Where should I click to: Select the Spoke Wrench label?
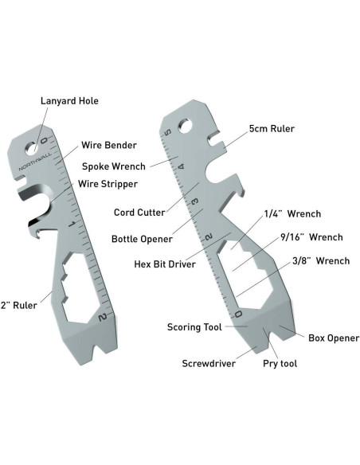[x=114, y=166]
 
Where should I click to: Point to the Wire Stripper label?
[x=108, y=184]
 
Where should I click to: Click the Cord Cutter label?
[x=139, y=213]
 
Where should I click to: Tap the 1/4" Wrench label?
[x=292, y=214]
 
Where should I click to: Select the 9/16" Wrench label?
[x=311, y=237]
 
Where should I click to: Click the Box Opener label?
[x=334, y=338]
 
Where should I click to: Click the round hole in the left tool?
[x=33, y=147]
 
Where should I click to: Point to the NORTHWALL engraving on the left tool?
[x=34, y=161]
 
